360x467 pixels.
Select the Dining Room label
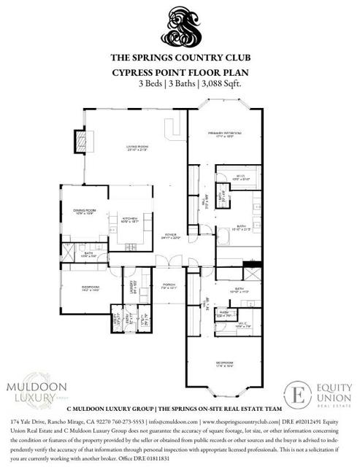click(84, 212)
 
